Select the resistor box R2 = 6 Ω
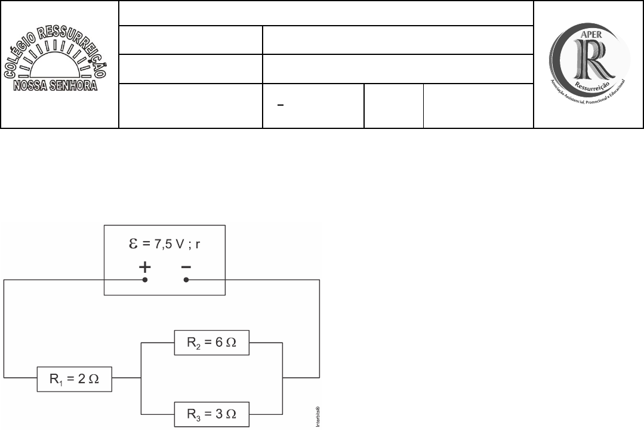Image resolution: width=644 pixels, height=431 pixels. [211, 342]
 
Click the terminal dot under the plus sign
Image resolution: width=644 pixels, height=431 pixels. [144, 279]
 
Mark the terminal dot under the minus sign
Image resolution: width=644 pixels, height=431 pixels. [186, 279]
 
